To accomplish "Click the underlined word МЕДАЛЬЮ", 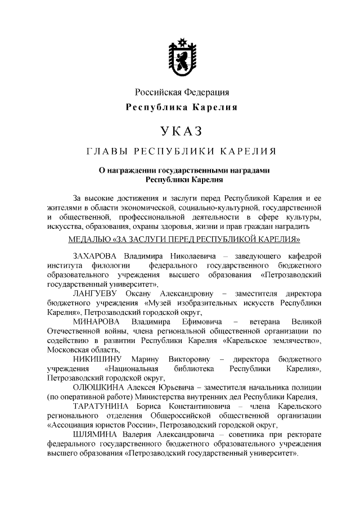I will click(89, 238).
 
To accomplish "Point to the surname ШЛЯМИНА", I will click(96, 434).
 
